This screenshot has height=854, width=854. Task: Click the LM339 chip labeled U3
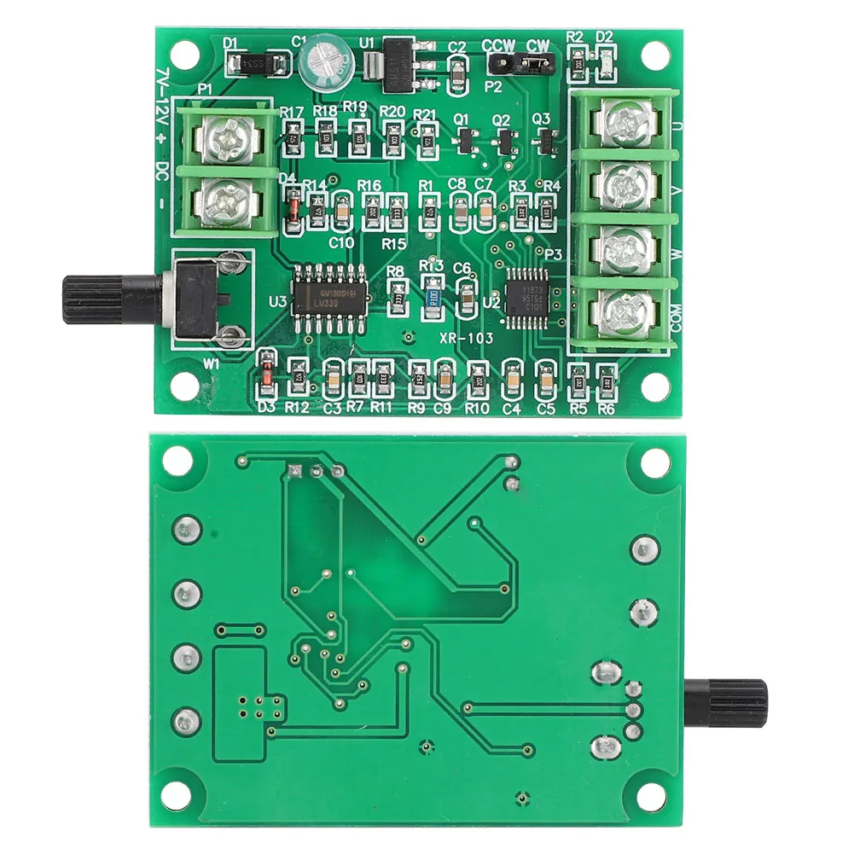coord(332,293)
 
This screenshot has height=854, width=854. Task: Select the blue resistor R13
coord(433,297)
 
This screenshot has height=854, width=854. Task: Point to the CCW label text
coord(497,45)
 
